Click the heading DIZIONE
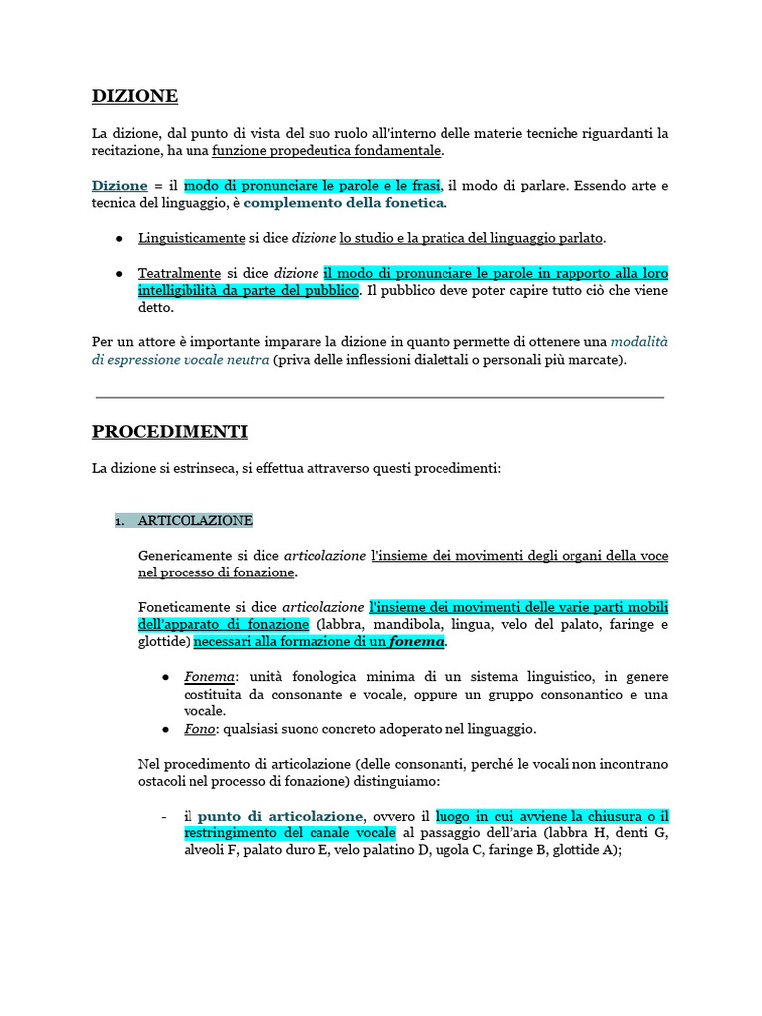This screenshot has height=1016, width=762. [135, 96]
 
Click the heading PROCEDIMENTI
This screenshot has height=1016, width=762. [170, 432]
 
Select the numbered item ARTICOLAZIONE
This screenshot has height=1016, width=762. [195, 520]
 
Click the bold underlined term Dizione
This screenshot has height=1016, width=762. [119, 186]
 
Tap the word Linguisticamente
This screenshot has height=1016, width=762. [191, 238]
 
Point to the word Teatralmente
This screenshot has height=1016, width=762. [180, 272]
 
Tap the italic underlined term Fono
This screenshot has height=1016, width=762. [199, 729]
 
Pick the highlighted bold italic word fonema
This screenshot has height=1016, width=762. [417, 642]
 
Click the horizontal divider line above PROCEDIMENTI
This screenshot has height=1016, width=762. [380, 397]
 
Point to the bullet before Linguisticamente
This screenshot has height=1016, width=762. [119, 239]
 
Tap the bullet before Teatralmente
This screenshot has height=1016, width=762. [119, 273]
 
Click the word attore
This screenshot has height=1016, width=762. [152, 342]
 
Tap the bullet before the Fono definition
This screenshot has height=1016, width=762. [166, 729]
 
